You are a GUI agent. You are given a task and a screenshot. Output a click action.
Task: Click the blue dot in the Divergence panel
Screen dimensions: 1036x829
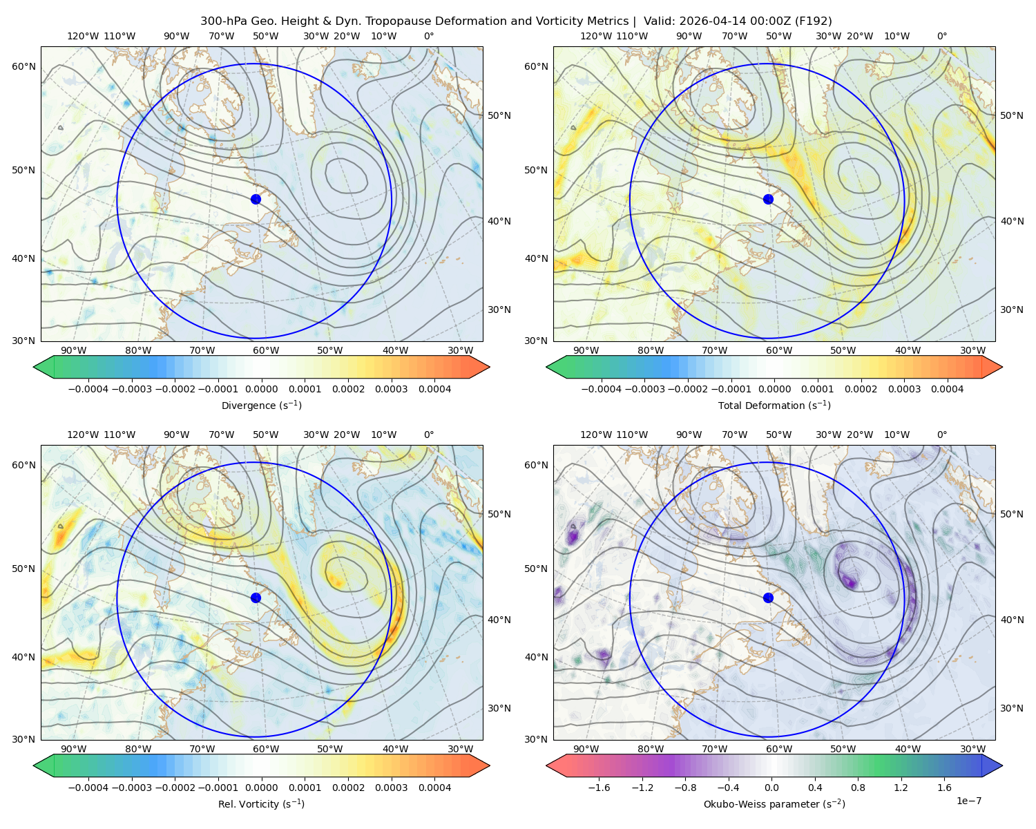(x=256, y=199)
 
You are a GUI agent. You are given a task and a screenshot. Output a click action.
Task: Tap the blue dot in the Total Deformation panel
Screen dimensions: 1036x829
(x=768, y=199)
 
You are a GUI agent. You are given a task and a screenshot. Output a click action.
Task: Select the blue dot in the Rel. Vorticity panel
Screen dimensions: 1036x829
(x=256, y=598)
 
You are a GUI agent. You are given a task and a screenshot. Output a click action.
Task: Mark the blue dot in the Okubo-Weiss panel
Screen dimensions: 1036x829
(x=768, y=598)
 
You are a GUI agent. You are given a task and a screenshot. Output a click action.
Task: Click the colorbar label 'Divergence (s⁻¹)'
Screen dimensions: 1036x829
(x=261, y=405)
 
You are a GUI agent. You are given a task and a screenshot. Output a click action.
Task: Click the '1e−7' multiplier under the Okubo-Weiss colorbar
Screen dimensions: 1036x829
(x=968, y=801)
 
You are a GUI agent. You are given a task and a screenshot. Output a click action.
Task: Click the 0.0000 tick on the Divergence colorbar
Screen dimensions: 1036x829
(x=261, y=389)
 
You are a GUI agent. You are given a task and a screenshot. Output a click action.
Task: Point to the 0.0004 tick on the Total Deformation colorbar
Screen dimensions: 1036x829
(x=947, y=389)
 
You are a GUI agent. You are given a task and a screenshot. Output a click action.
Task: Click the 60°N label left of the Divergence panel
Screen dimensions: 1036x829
(x=23, y=66)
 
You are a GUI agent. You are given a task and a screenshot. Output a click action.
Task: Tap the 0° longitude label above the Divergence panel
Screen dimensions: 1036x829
(x=429, y=36)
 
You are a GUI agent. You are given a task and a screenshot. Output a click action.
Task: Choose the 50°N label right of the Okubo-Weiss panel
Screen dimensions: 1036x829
(x=1011, y=513)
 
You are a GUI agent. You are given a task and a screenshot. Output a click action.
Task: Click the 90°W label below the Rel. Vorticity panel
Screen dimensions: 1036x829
(x=73, y=749)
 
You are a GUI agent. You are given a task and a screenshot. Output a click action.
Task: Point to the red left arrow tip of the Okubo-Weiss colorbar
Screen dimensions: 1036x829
(x=547, y=765)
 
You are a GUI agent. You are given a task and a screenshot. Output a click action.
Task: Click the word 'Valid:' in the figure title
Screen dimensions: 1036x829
(x=660, y=21)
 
